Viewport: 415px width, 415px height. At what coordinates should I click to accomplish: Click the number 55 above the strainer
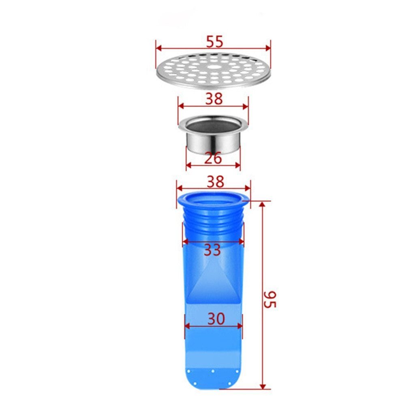point(213,41)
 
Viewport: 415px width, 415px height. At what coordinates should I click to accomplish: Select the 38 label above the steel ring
point(213,98)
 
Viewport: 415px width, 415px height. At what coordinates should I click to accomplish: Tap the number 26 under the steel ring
point(213,158)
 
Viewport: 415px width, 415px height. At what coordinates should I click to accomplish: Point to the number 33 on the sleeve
point(212,250)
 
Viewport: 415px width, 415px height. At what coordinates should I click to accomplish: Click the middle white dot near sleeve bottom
point(212,371)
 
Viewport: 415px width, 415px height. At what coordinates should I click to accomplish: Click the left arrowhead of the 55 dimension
point(158,48)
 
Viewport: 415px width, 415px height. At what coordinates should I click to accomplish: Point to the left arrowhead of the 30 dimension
point(187,325)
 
